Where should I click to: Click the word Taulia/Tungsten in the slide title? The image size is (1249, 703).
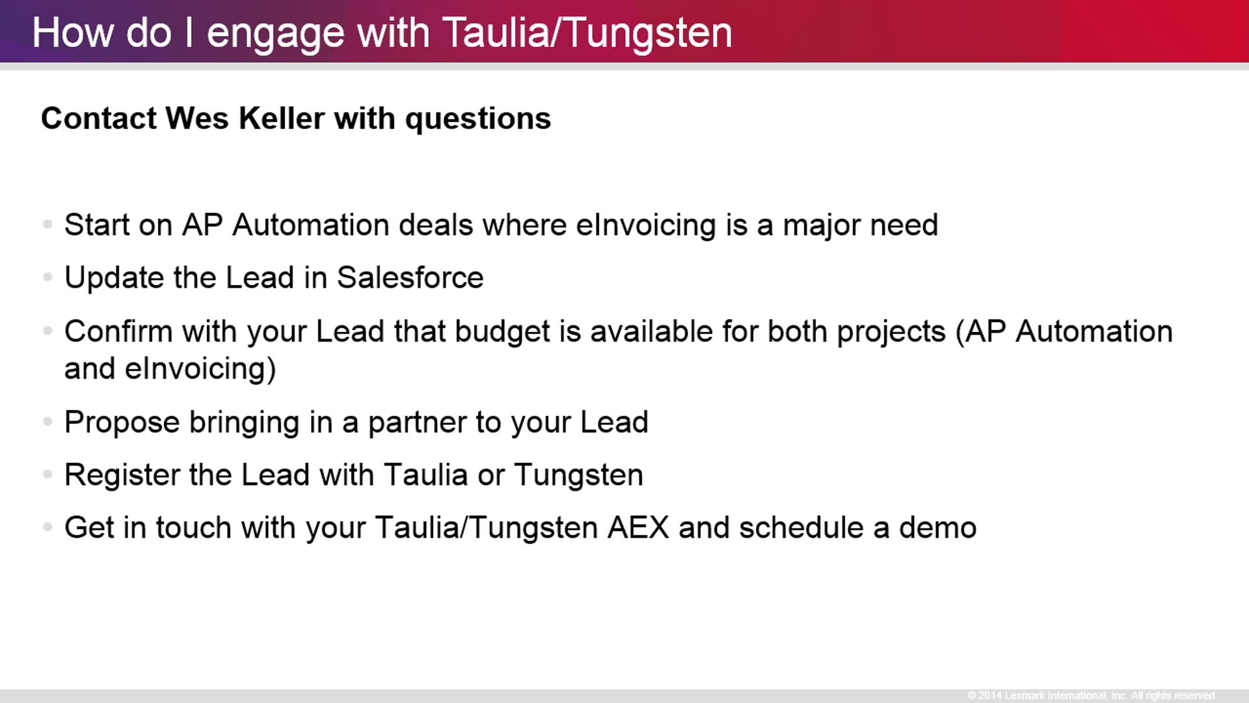587,33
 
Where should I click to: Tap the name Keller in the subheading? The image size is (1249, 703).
282,118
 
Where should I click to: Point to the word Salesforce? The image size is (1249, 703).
410,278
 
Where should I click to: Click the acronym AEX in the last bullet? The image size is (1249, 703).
638,527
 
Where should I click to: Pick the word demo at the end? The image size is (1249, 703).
938,527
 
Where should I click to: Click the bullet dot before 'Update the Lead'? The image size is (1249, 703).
47,278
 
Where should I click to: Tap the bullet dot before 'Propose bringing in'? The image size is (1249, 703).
47,422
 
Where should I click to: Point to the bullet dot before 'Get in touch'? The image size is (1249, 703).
47,527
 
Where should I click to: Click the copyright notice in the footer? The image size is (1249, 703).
1092,695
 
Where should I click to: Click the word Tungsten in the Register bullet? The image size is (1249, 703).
579,476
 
